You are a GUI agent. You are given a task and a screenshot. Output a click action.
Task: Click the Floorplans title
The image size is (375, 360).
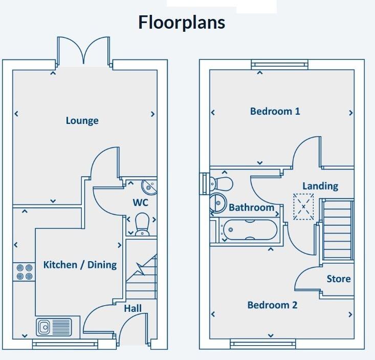182,23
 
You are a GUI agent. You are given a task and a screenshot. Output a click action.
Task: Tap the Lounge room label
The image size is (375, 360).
82,121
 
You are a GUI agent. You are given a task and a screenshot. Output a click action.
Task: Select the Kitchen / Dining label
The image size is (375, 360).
80,265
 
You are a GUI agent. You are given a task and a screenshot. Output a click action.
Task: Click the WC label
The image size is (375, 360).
141,203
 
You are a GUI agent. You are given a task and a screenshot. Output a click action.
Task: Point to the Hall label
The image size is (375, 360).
133,308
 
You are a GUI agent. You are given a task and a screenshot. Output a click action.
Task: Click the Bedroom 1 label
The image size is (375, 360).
275,111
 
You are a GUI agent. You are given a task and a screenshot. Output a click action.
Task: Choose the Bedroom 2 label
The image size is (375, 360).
272,305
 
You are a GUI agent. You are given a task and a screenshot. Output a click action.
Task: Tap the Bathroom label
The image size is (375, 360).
251,207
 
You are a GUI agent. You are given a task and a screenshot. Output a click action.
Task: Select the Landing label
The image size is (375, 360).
320,186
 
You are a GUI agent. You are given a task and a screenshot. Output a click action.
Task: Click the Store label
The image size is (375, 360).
339,279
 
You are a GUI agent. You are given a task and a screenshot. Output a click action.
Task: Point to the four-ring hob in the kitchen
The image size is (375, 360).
24,271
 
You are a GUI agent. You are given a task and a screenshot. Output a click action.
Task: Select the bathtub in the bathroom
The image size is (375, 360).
248,229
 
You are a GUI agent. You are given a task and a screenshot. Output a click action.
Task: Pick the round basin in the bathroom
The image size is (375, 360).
218,203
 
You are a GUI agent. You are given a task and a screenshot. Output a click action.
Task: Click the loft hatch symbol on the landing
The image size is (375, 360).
303,207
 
